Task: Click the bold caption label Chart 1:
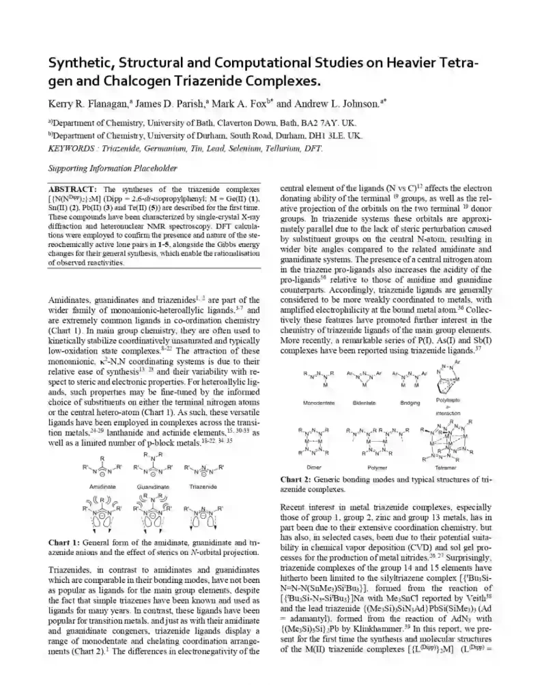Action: (x=65, y=542)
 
